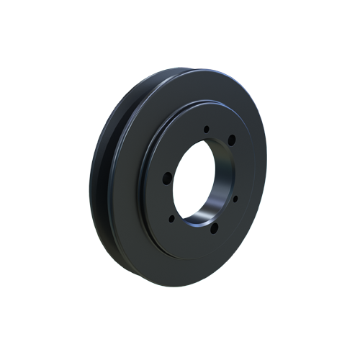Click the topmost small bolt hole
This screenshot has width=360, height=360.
[x=207, y=130]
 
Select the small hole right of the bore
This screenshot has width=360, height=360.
[x=235, y=196]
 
